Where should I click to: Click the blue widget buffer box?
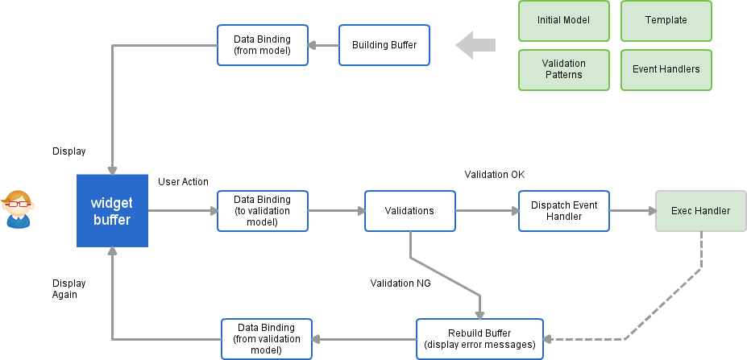112,210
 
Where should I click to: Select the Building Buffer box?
384,45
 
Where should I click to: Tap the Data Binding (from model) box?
262,45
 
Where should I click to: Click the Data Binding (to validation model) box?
262,211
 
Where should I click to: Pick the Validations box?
409,211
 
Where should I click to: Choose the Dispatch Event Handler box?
563,211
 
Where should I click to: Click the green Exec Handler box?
700,211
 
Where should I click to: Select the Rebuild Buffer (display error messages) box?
479,339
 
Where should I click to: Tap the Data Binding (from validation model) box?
266,339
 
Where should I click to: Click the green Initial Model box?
563,21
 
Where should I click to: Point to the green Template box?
666,21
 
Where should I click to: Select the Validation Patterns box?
563,69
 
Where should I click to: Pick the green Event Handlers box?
666,69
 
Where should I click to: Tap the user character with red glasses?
18,209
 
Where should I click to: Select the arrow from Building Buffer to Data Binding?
323,45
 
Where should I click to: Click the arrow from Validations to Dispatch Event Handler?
487,211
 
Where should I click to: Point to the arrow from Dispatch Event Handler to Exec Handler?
632,211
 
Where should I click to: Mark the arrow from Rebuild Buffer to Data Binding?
363,339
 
